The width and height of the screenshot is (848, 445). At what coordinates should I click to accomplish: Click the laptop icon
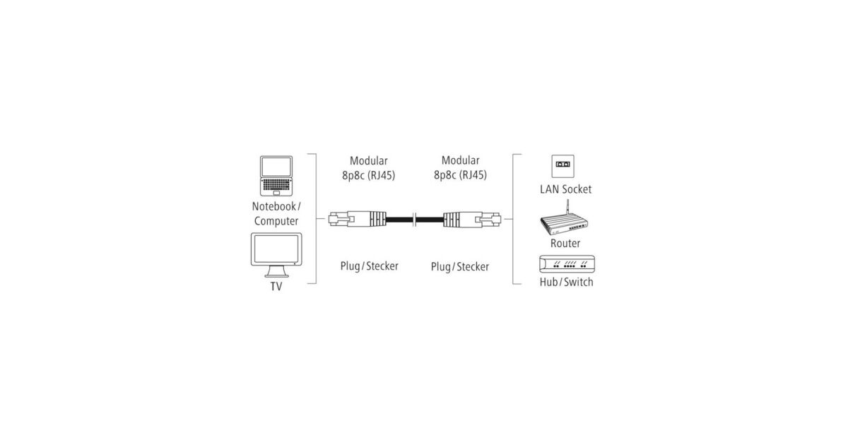point(276,176)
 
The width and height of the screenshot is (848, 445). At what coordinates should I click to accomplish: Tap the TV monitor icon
point(276,255)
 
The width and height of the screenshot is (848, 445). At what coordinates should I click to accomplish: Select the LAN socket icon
point(563,166)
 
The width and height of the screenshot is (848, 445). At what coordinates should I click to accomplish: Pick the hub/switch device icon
point(567,264)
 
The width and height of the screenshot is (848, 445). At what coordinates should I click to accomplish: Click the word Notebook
point(274,206)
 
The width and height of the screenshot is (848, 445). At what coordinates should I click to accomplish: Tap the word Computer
point(276,221)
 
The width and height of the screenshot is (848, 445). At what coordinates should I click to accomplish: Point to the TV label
point(276,287)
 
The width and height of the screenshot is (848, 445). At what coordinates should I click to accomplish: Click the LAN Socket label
point(565,189)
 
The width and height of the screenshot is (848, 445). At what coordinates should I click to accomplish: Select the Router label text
point(565,243)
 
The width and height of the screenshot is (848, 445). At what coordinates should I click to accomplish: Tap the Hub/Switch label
point(567,283)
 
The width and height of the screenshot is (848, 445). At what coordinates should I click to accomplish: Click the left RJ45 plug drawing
point(358,219)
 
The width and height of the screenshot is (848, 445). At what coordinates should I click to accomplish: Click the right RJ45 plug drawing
point(472,219)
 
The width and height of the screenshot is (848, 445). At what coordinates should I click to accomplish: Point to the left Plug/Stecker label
point(370,266)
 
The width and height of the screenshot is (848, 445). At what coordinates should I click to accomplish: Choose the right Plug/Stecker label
point(460,267)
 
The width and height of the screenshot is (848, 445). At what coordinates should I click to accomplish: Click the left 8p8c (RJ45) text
point(369,176)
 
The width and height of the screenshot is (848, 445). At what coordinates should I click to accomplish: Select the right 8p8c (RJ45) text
point(460,175)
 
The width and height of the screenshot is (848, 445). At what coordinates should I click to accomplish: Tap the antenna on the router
point(568,207)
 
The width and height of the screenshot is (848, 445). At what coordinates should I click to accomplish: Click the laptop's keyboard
point(276,184)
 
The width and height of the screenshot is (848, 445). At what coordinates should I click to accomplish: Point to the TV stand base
point(276,272)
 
